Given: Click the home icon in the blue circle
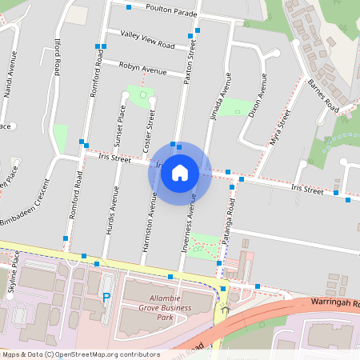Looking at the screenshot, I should click(180, 172).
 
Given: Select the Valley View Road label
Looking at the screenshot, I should click(147, 39).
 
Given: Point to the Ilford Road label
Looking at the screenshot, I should click(57, 60).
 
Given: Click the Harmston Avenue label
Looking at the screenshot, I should click(147, 224).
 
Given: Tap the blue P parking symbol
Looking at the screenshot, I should click(106, 298).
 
